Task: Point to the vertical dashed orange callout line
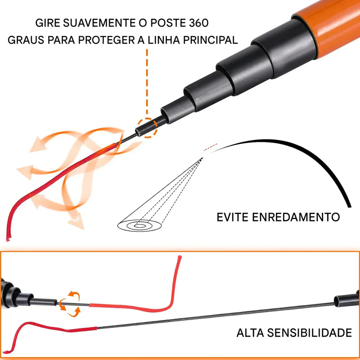[147, 81]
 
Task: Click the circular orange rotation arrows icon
[69, 302]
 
